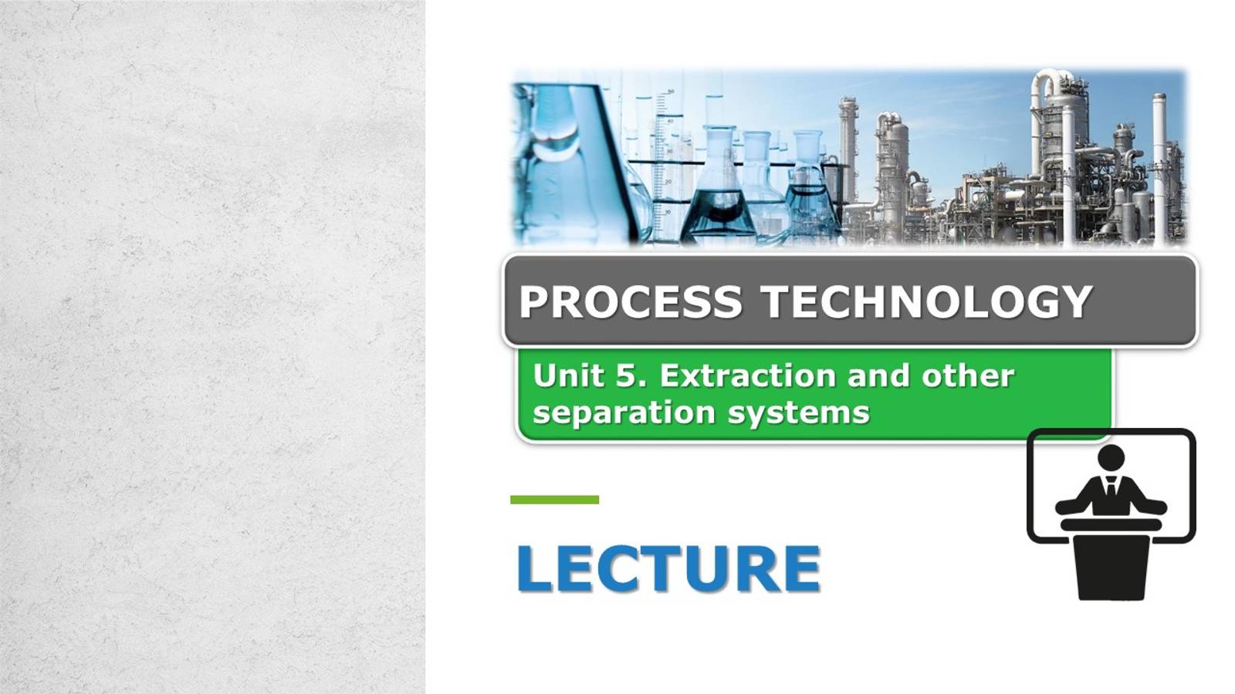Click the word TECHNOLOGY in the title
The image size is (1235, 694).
(927, 302)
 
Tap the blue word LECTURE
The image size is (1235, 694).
(668, 569)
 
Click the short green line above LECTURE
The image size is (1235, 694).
(554, 500)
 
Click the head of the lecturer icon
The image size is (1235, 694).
(1111, 456)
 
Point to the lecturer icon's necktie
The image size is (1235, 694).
(1111, 489)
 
